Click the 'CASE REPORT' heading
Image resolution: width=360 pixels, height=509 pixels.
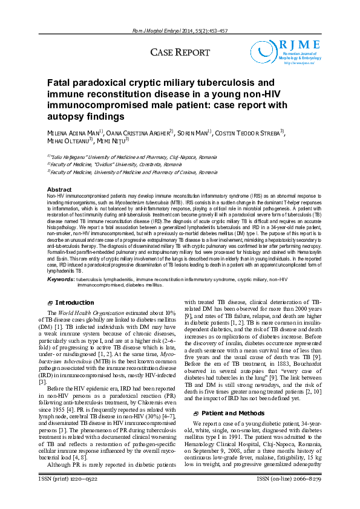[x=180, y=53]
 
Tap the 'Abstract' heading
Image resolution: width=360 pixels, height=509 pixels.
[x=59, y=190]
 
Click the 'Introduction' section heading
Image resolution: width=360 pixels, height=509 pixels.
[x=74, y=302]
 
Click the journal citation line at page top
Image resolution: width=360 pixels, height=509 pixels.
[x=180, y=31]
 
